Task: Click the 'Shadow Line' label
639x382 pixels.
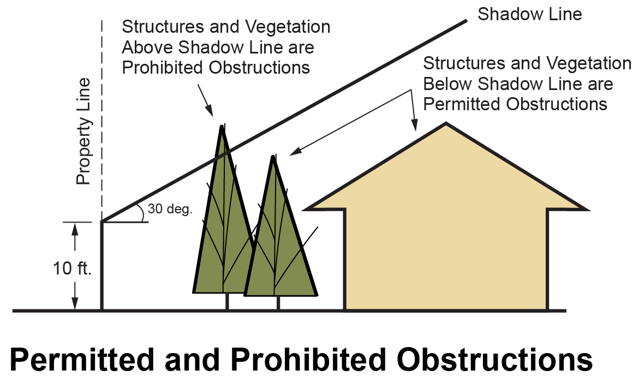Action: pyautogui.click(x=529, y=14)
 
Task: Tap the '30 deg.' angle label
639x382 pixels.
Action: pyautogui.click(x=170, y=209)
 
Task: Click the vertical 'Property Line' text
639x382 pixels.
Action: pyautogui.click(x=83, y=132)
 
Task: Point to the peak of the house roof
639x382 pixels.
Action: pyautogui.click(x=446, y=124)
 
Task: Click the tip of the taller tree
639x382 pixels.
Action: pyautogui.click(x=222, y=127)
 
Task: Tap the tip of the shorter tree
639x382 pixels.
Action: pyautogui.click(x=273, y=157)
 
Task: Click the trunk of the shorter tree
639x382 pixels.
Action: pyautogui.click(x=278, y=303)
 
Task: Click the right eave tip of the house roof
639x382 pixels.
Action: pyautogui.click(x=586, y=208)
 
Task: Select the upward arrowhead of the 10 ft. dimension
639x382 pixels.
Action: pyautogui.click(x=75, y=228)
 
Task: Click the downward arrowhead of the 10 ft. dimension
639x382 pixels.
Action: pyautogui.click(x=75, y=306)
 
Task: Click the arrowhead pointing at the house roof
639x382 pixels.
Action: pyautogui.click(x=415, y=128)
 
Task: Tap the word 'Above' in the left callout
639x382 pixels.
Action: pyautogui.click(x=148, y=47)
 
